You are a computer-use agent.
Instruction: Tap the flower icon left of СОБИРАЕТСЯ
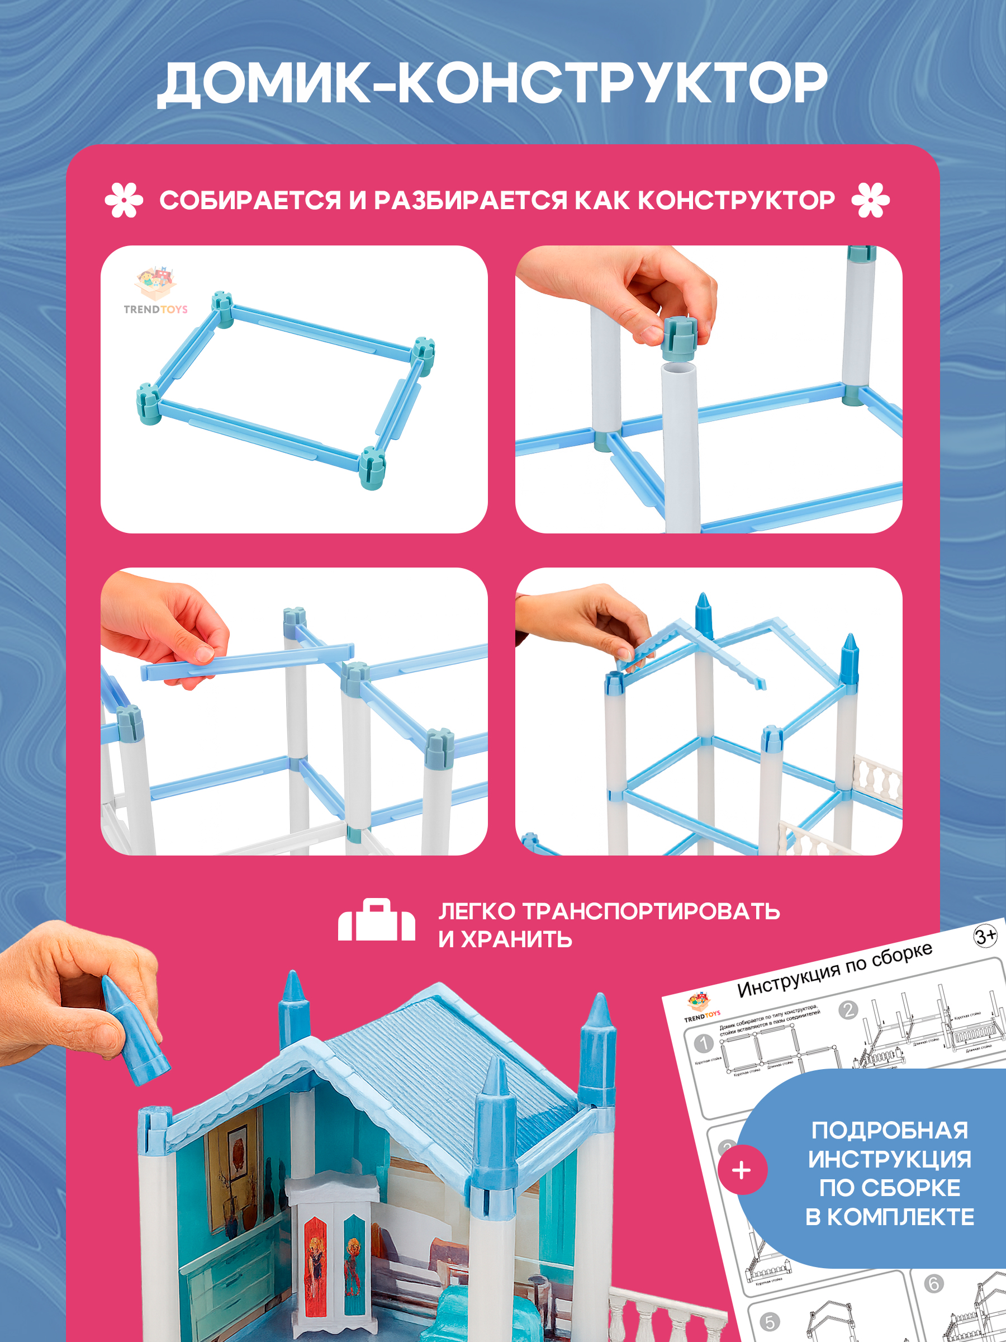124,200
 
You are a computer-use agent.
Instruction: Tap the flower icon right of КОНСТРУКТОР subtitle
870,200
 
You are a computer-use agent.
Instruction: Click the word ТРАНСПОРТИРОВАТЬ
651,911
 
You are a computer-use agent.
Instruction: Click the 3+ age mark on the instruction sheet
985,936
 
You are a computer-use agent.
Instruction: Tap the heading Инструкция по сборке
834,971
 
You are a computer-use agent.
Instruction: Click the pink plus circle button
742,1170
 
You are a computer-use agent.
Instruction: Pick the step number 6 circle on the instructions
933,1284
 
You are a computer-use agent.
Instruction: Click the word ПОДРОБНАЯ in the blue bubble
890,1130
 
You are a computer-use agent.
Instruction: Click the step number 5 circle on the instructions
770,1322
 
